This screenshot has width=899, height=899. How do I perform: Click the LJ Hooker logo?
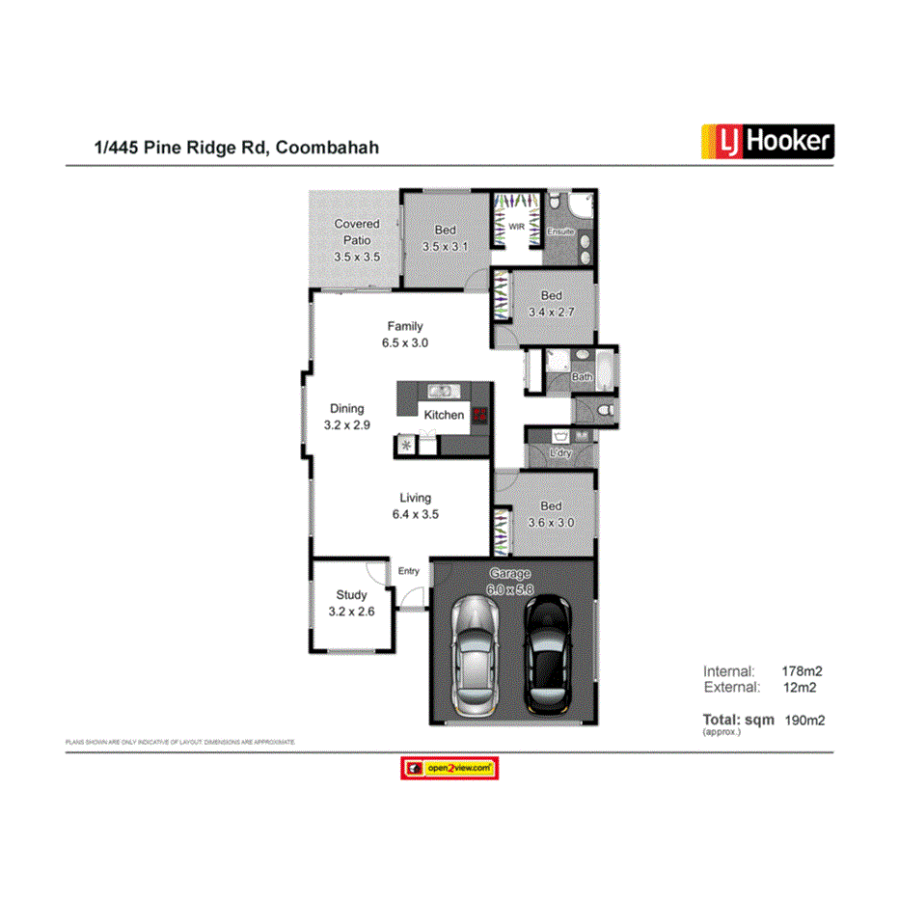[x=762, y=142]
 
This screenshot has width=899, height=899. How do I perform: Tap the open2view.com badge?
[x=449, y=768]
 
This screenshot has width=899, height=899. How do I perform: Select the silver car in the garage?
[x=473, y=653]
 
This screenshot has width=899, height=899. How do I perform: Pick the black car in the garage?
[x=547, y=650]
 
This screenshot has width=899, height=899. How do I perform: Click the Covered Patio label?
[x=357, y=240]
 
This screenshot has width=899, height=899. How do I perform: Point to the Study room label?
[x=351, y=603]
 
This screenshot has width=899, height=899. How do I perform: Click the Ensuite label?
[x=560, y=232]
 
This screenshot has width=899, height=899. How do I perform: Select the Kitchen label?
[x=444, y=415]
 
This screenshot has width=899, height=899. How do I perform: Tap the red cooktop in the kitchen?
[x=480, y=416]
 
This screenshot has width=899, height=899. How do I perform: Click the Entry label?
[x=409, y=571]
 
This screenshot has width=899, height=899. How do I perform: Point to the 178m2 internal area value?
[x=801, y=670]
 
